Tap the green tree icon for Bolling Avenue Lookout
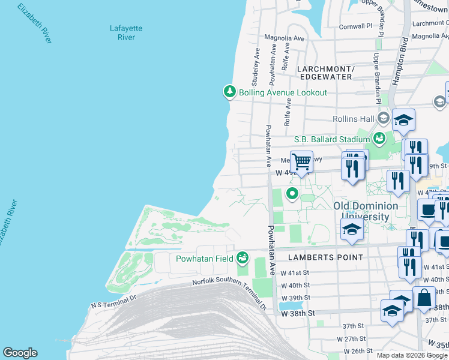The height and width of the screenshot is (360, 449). pos(229,92)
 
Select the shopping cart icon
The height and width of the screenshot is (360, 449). pos(301,160)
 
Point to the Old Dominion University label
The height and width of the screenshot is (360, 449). pos(366,211)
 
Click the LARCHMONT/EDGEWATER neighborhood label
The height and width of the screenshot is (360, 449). pos(325,73)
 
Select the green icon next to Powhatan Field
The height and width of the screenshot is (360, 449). pos(243,258)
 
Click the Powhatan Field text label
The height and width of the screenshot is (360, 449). pos(204,259)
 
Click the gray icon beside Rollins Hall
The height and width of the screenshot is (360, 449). pos(383,118)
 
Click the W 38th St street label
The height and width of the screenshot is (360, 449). pos(298,313)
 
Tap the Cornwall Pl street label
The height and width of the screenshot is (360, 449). pos(356,26)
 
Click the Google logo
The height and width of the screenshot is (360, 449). pos(20,353)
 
